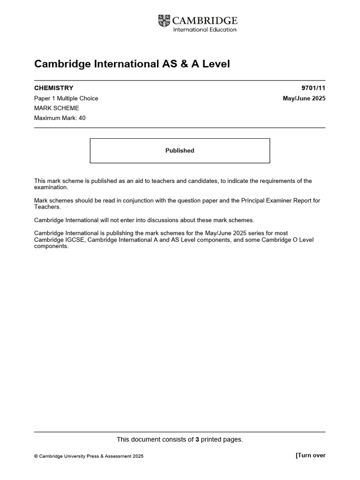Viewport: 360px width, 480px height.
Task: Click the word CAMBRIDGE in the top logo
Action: (x=205, y=21)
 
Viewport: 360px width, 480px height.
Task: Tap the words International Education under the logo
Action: (x=205, y=30)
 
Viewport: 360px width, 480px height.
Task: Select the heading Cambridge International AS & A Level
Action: (x=132, y=64)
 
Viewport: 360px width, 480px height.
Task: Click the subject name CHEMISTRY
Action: (x=54, y=88)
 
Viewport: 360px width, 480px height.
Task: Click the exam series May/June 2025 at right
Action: (x=304, y=98)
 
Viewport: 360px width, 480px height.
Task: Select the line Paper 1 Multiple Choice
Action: (x=66, y=98)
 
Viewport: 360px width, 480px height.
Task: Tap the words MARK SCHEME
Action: (x=57, y=108)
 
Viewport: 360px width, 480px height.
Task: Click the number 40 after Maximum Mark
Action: (x=82, y=118)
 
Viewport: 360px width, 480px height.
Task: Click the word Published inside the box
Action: (x=180, y=150)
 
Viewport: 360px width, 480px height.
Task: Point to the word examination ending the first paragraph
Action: (x=51, y=187)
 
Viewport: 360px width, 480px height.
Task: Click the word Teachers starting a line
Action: (x=47, y=207)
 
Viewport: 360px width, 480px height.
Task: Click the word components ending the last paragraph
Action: (x=51, y=246)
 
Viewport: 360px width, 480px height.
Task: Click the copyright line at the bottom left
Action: (x=89, y=456)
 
